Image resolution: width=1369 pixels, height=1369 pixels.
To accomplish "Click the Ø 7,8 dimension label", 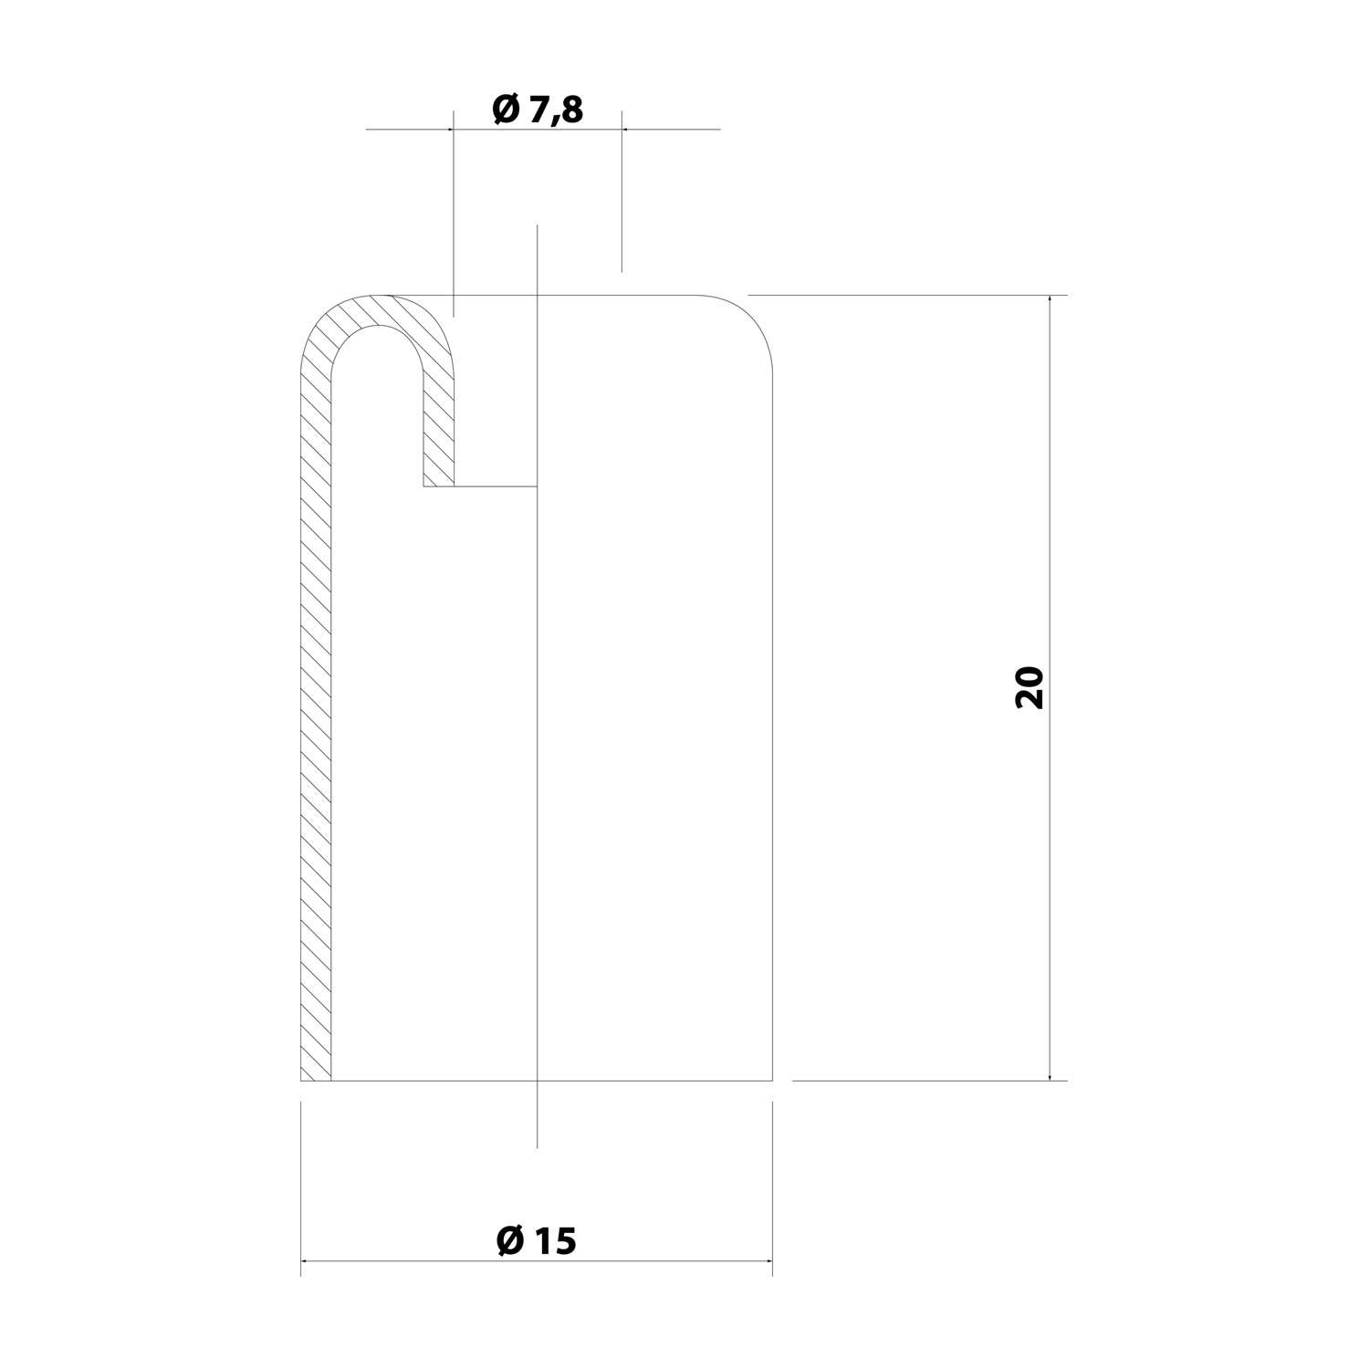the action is pos(537,110).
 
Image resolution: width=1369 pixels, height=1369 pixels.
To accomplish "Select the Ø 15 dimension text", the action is pos(537,1241).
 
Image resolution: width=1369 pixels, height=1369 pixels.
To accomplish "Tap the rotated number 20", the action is pos(1029,688).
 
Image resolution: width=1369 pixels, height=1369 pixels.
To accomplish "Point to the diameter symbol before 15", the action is pos(510,1241).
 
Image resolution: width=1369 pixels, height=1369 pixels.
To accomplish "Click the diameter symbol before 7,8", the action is pos(506,110).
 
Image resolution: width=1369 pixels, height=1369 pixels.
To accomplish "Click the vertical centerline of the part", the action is pos(538,685).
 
